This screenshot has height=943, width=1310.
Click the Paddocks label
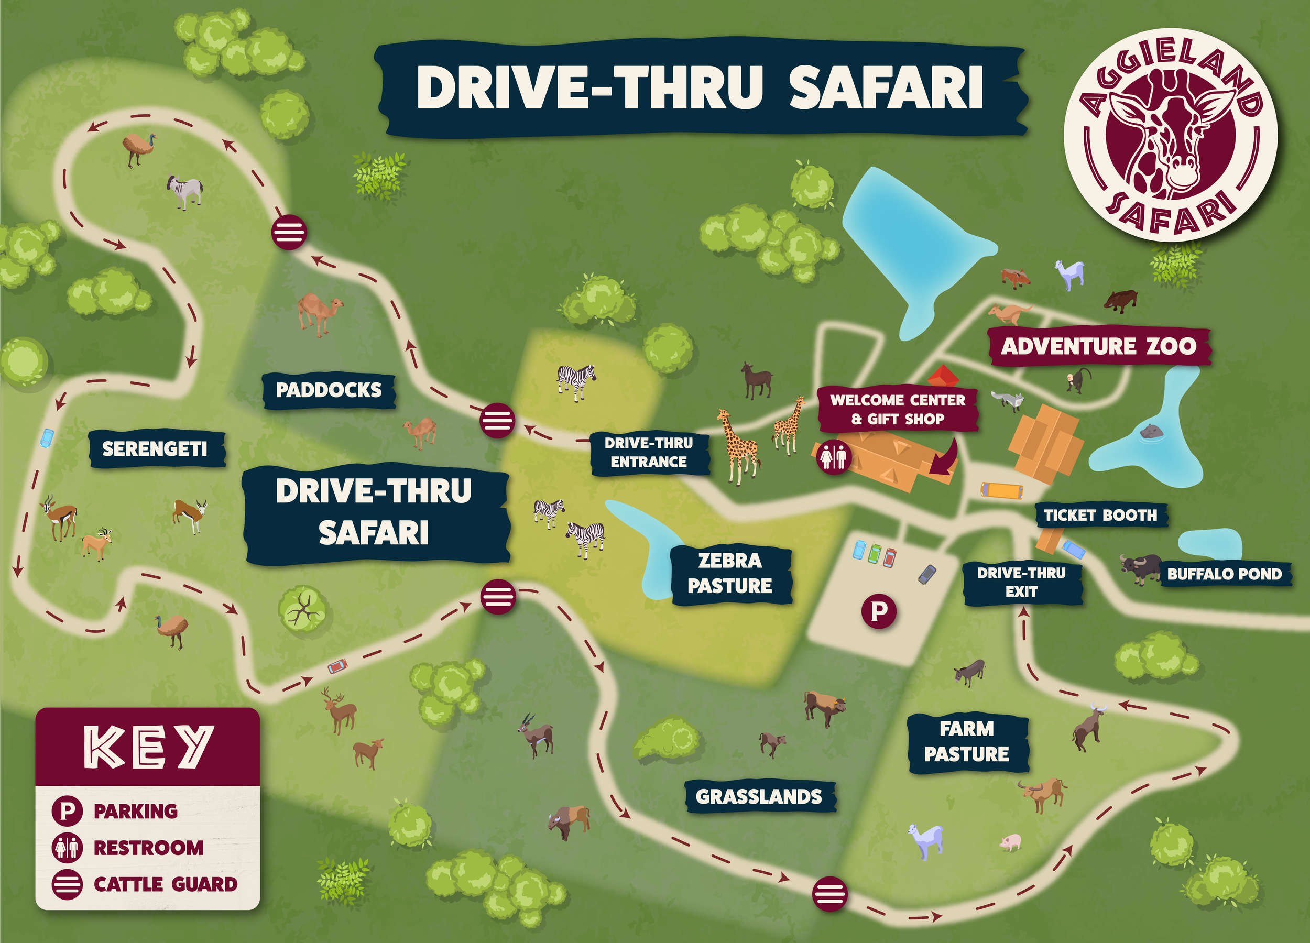pos(329,390)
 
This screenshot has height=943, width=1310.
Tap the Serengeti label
pos(155,448)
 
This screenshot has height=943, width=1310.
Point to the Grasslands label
pos(758,797)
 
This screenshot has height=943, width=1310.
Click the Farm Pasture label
pos(966,741)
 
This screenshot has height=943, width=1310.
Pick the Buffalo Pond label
pos(1225,574)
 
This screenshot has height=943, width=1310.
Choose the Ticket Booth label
pos(1100,515)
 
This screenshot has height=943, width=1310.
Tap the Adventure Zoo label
pos(1099,346)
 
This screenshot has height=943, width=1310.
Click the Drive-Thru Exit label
pos(1021,582)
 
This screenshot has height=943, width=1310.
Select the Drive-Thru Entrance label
pos(649,453)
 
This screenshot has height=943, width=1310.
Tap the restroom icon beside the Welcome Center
pos(833,457)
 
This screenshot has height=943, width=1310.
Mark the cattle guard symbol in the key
pos(67,884)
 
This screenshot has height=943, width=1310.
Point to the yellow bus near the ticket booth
pos(1001,490)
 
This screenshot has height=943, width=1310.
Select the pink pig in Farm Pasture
pos(1010,841)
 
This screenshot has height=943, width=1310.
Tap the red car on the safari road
pos(337,666)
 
